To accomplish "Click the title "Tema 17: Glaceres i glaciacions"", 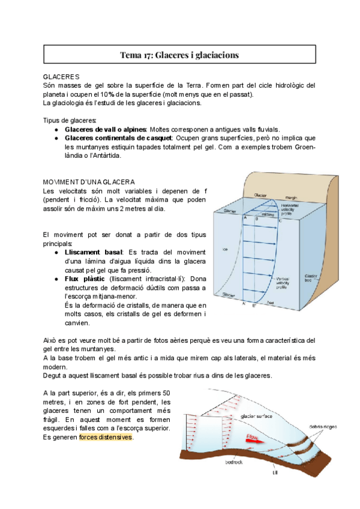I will [x=179, y=55].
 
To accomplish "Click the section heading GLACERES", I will [x=61, y=77].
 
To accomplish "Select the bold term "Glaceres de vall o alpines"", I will [x=106, y=129].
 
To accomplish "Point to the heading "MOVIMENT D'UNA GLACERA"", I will [x=89, y=182].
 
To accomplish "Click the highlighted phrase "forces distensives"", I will [x=106, y=437].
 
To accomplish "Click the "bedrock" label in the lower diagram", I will [x=233, y=462].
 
